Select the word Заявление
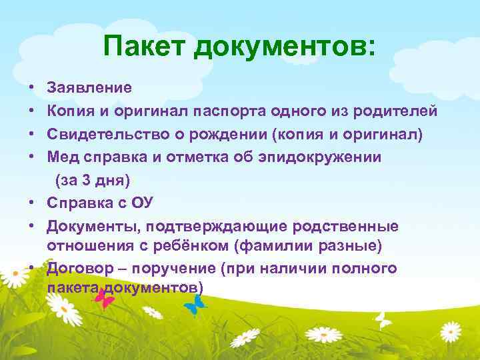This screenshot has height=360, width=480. click(89, 87)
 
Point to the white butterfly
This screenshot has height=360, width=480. click(383, 320)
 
